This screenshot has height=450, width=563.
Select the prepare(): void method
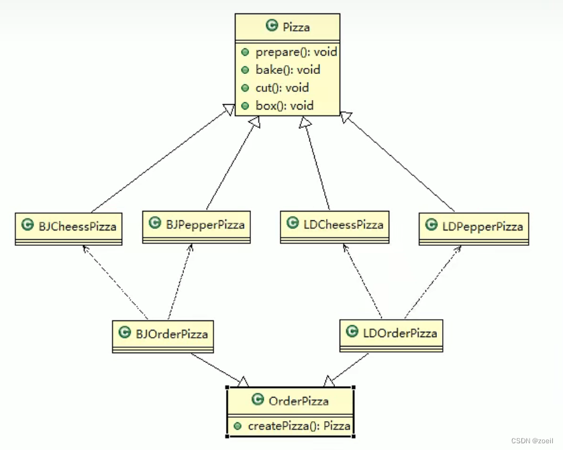(295, 52)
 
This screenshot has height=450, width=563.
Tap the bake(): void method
(287, 70)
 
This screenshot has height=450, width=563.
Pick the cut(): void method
(282, 88)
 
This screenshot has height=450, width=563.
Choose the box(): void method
(285, 106)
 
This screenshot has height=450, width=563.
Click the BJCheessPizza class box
(69, 228)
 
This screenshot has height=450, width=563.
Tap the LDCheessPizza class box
(334, 225)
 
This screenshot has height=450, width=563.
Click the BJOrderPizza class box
(162, 334)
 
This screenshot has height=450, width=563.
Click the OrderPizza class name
(298, 401)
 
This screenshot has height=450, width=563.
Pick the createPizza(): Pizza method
(299, 425)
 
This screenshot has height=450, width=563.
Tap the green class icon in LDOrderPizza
(352, 332)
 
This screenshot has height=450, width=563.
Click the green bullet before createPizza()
(239, 426)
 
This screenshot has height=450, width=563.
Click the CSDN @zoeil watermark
(534, 441)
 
